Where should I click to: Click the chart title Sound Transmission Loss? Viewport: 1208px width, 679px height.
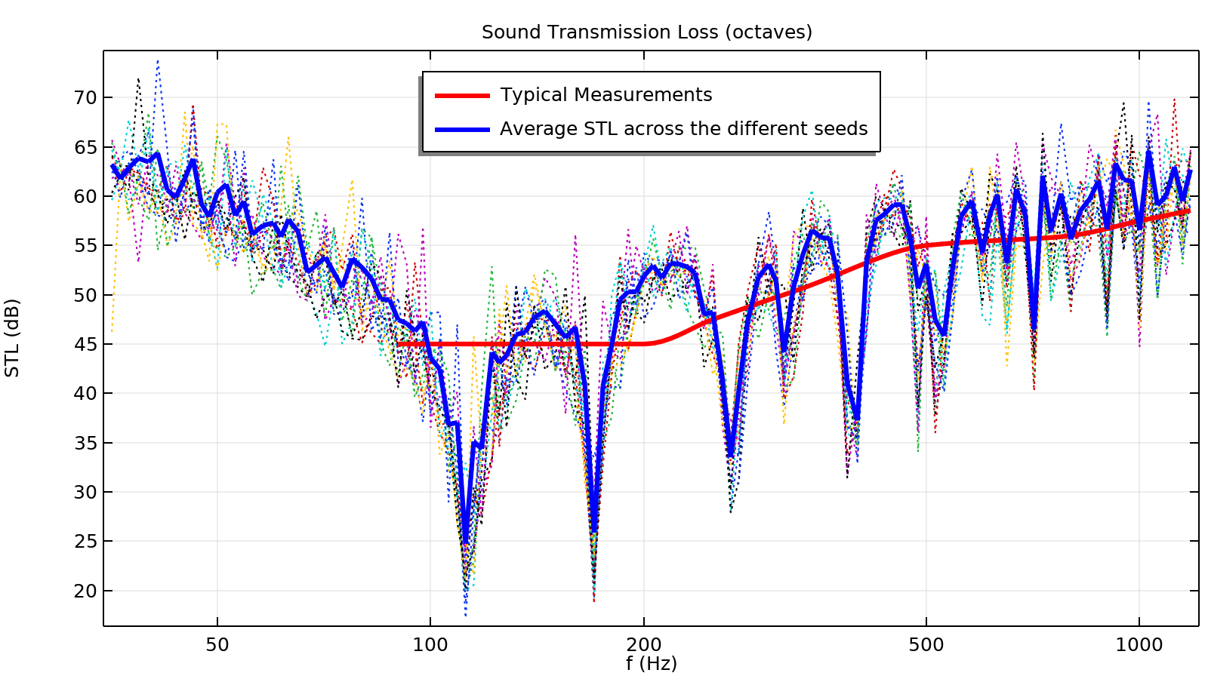tap(646, 32)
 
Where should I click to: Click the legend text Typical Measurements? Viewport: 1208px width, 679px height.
tap(606, 95)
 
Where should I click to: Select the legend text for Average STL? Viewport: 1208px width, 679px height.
tap(683, 129)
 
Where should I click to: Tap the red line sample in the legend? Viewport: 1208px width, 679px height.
tap(462, 96)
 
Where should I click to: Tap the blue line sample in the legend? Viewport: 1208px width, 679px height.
tap(462, 130)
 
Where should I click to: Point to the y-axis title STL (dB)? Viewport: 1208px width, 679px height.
tap(13, 338)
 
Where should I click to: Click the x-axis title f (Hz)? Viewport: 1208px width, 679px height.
tap(651, 664)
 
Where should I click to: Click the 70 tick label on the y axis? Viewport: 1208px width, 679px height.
tap(85, 98)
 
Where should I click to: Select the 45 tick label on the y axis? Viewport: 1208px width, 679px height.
tap(85, 345)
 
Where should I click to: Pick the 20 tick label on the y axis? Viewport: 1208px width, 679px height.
tap(85, 591)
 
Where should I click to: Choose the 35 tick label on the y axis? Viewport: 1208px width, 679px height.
tap(85, 444)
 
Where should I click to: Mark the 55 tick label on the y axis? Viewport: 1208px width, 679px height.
tap(85, 246)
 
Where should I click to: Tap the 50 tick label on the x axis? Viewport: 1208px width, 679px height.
tap(217, 646)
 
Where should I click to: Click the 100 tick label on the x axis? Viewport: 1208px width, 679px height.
tap(430, 646)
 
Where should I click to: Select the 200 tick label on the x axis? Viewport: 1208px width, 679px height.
tap(644, 646)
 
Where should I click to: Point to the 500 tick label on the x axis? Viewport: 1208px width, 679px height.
tap(926, 646)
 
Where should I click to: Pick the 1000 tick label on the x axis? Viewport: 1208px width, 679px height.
tap(1139, 646)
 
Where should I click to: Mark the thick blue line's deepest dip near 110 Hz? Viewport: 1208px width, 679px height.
tap(465, 542)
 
